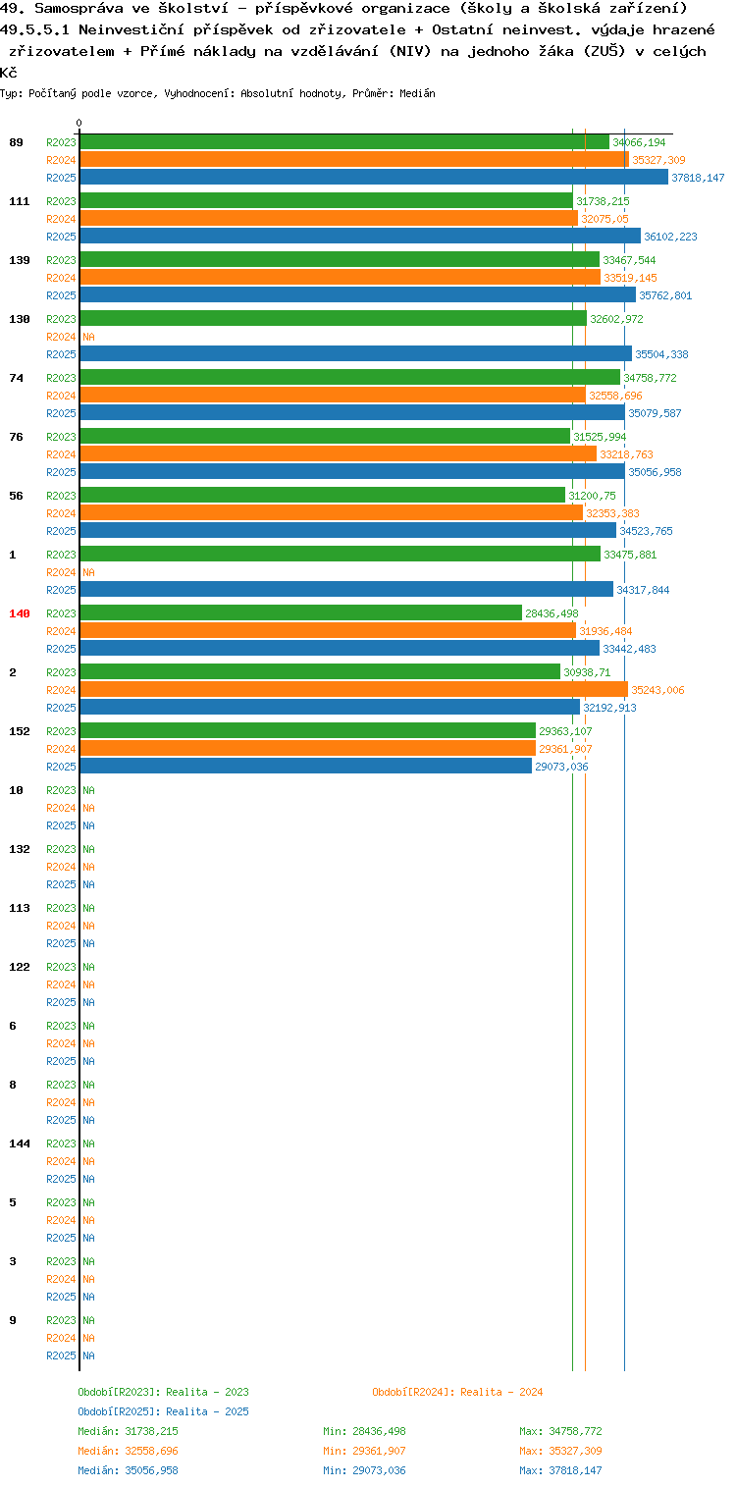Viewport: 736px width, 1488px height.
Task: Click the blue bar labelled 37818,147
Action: pyautogui.click(x=374, y=177)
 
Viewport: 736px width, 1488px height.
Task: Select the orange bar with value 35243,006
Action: pyautogui.click(x=354, y=689)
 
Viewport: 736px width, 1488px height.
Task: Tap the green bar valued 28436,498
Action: pyautogui.click(x=301, y=612)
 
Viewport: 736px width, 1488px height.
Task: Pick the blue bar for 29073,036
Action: pyautogui.click(x=306, y=766)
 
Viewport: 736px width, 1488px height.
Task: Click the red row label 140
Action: pyautogui.click(x=20, y=613)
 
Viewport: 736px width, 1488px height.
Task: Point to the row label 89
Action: pyautogui.click(x=16, y=142)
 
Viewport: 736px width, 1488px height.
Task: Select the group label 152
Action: pyautogui.click(x=20, y=730)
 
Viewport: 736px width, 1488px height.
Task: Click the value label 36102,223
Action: pyautogui.click(x=670, y=237)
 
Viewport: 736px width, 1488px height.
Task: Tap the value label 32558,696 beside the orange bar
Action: pyautogui.click(x=615, y=396)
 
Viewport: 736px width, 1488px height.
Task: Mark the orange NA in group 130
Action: pyautogui.click(x=88, y=337)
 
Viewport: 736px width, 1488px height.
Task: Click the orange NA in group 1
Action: pyautogui.click(x=88, y=572)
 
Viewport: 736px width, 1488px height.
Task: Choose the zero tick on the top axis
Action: pyautogui.click(x=79, y=123)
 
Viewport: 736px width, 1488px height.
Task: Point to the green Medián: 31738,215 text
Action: pyautogui.click(x=129, y=1431)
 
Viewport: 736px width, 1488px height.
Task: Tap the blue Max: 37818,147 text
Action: pyautogui.click(x=560, y=1470)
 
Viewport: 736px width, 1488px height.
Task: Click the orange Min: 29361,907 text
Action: pyautogui.click(x=364, y=1451)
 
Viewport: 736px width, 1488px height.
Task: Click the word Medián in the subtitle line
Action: pyautogui.click(x=417, y=93)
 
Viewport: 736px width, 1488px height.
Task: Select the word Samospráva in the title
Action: pyautogui.click(x=79, y=9)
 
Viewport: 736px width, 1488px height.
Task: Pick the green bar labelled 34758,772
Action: pyautogui.click(x=350, y=377)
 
